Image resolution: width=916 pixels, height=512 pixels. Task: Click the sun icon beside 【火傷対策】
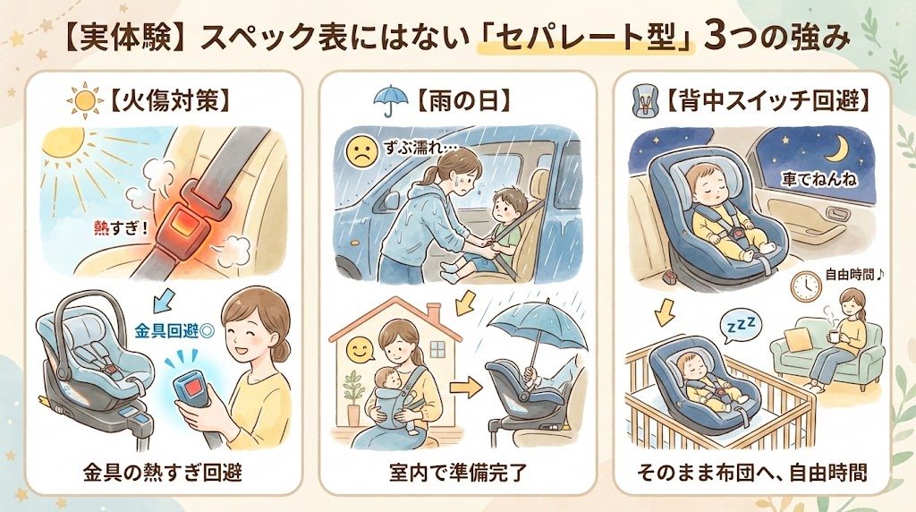click(84, 102)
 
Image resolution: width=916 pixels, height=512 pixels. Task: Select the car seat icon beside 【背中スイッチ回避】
click(645, 101)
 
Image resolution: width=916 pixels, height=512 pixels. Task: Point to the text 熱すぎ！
click(121, 226)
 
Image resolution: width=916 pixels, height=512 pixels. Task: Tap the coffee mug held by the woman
click(831, 335)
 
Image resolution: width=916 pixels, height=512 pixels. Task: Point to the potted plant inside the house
click(353, 397)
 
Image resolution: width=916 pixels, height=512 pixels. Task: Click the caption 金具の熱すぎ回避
click(163, 473)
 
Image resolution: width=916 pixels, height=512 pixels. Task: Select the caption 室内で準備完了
click(458, 473)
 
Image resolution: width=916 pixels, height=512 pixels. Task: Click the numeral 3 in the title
click(717, 38)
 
